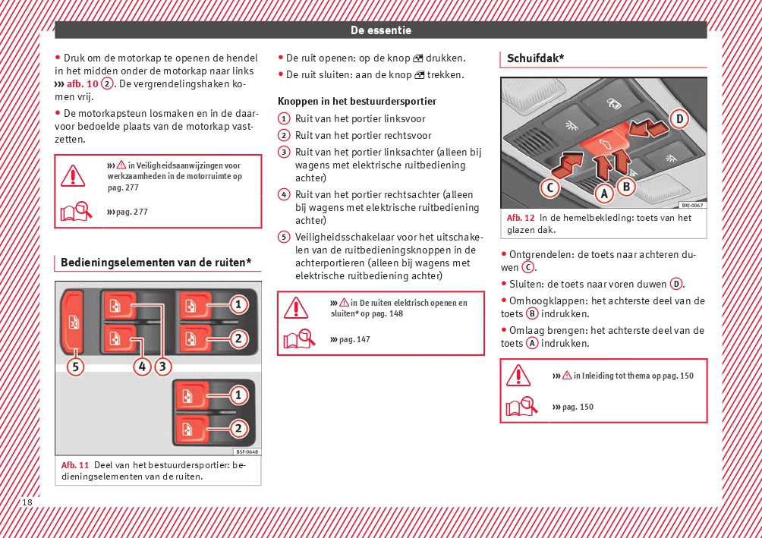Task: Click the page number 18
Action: pos(27,502)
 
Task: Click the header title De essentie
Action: pos(381,30)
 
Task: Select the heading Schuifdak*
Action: pos(535,58)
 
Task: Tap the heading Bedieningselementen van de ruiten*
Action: pos(156,263)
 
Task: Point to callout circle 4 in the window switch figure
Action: pos(142,367)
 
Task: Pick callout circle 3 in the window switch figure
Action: pos(163,367)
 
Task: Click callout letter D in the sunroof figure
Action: pos(679,118)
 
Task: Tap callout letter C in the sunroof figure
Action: pos(550,187)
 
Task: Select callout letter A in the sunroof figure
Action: pos(604,194)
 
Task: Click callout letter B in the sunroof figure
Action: pos(626,186)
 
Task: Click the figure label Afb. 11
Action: pos(75,464)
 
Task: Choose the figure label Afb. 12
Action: pos(521,218)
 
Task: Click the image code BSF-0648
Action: pos(241,451)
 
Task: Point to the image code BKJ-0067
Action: pos(691,205)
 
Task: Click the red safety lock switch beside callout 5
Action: pos(74,322)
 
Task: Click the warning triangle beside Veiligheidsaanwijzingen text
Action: pos(73,175)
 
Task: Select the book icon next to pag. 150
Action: pos(521,407)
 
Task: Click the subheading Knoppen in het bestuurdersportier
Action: pos(357,101)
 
